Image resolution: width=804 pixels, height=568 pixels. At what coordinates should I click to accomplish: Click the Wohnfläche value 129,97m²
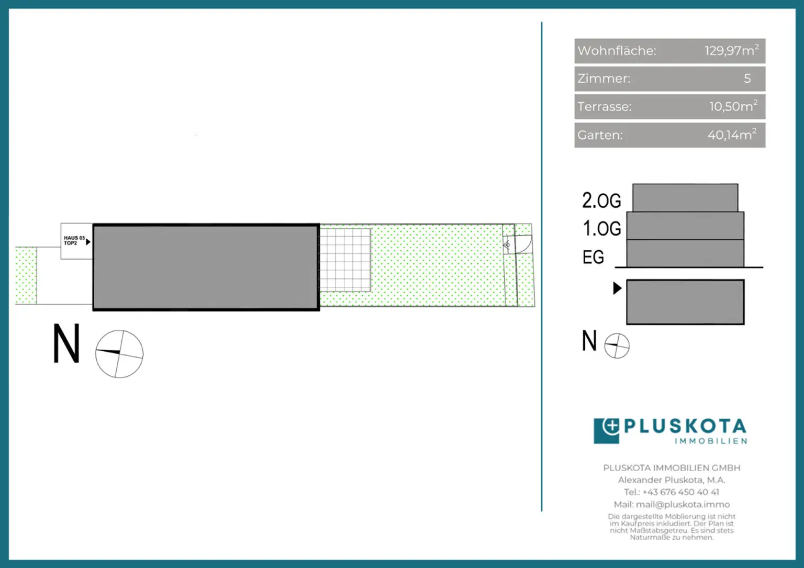pyautogui.click(x=731, y=50)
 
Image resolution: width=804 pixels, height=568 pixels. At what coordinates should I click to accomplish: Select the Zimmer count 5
pyautogui.click(x=747, y=79)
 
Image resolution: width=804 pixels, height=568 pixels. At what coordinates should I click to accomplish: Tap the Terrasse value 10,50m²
pyautogui.click(x=733, y=106)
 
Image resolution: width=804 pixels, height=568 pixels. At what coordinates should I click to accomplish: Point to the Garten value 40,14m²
pyautogui.click(x=732, y=135)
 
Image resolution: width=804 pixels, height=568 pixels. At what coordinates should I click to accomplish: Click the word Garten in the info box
pyautogui.click(x=600, y=135)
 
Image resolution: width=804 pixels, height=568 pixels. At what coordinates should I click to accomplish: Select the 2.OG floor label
pyautogui.click(x=601, y=201)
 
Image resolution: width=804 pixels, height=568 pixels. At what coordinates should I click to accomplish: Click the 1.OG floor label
pyautogui.click(x=601, y=228)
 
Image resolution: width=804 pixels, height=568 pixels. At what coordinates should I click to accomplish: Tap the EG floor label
pyautogui.click(x=593, y=257)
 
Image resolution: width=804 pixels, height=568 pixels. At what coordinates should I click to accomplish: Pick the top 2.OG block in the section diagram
pyautogui.click(x=685, y=198)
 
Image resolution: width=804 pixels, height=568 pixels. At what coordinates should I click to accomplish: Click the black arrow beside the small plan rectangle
pyautogui.click(x=617, y=288)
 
